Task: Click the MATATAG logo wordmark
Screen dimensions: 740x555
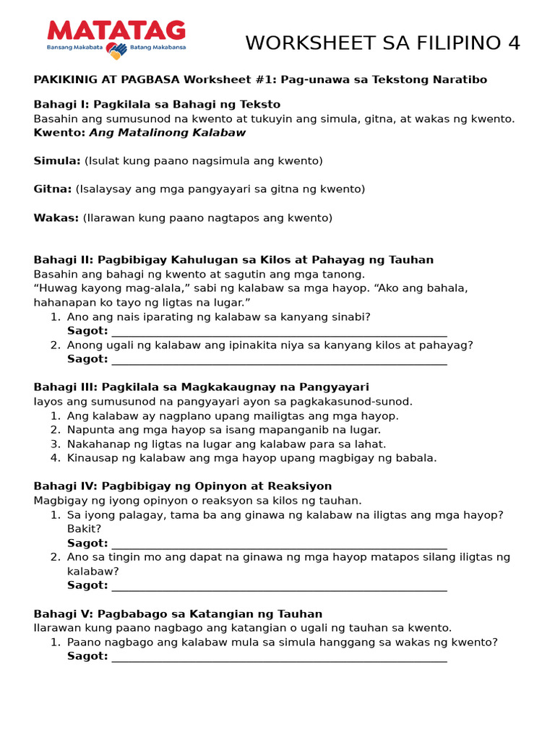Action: pyautogui.click(x=116, y=30)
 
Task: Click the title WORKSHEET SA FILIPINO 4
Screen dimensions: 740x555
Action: pyautogui.click(x=382, y=43)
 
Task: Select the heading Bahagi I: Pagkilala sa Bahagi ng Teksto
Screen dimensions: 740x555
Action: pyautogui.click(x=157, y=105)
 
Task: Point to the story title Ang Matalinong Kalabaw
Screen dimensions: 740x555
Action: pyautogui.click(x=167, y=133)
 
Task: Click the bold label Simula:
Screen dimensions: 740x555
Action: pyautogui.click(x=57, y=161)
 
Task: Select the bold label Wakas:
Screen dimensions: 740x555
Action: pyautogui.click(x=56, y=218)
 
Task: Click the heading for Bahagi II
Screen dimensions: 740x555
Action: pyautogui.click(x=233, y=260)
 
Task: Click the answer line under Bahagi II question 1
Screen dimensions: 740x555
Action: pyautogui.click(x=279, y=335)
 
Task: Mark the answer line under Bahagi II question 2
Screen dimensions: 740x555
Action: pyautogui.click(x=279, y=363)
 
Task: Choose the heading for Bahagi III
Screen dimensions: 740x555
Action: pyautogui.click(x=201, y=387)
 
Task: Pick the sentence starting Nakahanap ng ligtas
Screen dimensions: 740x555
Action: pyautogui.click(x=226, y=444)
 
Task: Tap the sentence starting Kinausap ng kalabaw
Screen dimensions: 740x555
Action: pyautogui.click(x=251, y=458)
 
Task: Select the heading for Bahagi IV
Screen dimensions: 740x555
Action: pyautogui.click(x=182, y=486)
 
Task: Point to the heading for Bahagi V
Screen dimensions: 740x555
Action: pyautogui.click(x=178, y=614)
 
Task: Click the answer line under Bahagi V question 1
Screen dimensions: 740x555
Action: pyautogui.click(x=279, y=661)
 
